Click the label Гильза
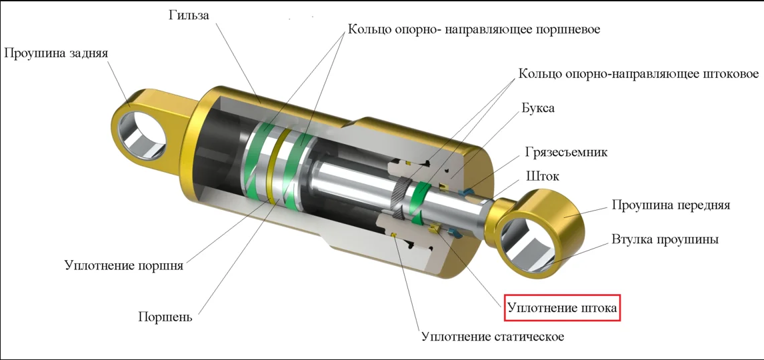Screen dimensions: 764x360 point(189,15)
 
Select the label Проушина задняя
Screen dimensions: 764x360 point(56,53)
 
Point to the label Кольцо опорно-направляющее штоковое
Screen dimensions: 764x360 point(638,75)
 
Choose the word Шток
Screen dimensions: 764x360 point(542,176)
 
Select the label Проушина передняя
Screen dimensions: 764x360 point(671,205)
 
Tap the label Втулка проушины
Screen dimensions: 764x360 point(665,240)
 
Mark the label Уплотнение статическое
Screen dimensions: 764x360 point(493,337)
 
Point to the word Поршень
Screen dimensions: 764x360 point(165,317)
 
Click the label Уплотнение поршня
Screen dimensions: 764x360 point(124,266)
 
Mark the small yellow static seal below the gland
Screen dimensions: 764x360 point(394,236)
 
